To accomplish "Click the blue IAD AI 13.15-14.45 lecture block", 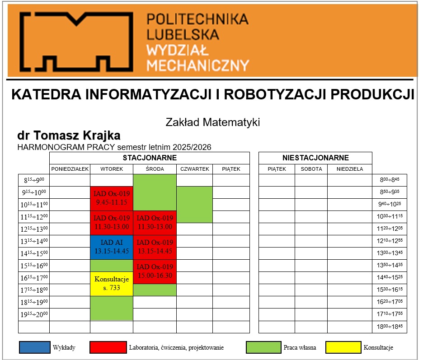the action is tap(111, 247).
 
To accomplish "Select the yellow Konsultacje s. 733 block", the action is tap(111, 284).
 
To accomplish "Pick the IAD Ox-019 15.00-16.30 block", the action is tap(155, 271).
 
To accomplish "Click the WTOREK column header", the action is tap(111, 169).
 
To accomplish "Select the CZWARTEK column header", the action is tap(194, 169).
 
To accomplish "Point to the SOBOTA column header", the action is tap(311, 169).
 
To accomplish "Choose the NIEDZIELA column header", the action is tap(349, 169).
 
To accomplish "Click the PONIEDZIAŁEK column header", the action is tap(70, 169).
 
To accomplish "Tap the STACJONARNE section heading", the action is tap(149, 158).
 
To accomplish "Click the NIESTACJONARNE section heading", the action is tap(315, 158).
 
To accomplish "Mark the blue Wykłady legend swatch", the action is tap(34, 347).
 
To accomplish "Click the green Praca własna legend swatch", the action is tap(263, 347).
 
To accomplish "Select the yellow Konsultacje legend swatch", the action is tap(343, 347).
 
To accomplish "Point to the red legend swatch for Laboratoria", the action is tap(108, 347).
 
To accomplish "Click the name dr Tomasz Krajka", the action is tap(69, 136).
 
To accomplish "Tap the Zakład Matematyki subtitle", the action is tap(213, 122).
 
